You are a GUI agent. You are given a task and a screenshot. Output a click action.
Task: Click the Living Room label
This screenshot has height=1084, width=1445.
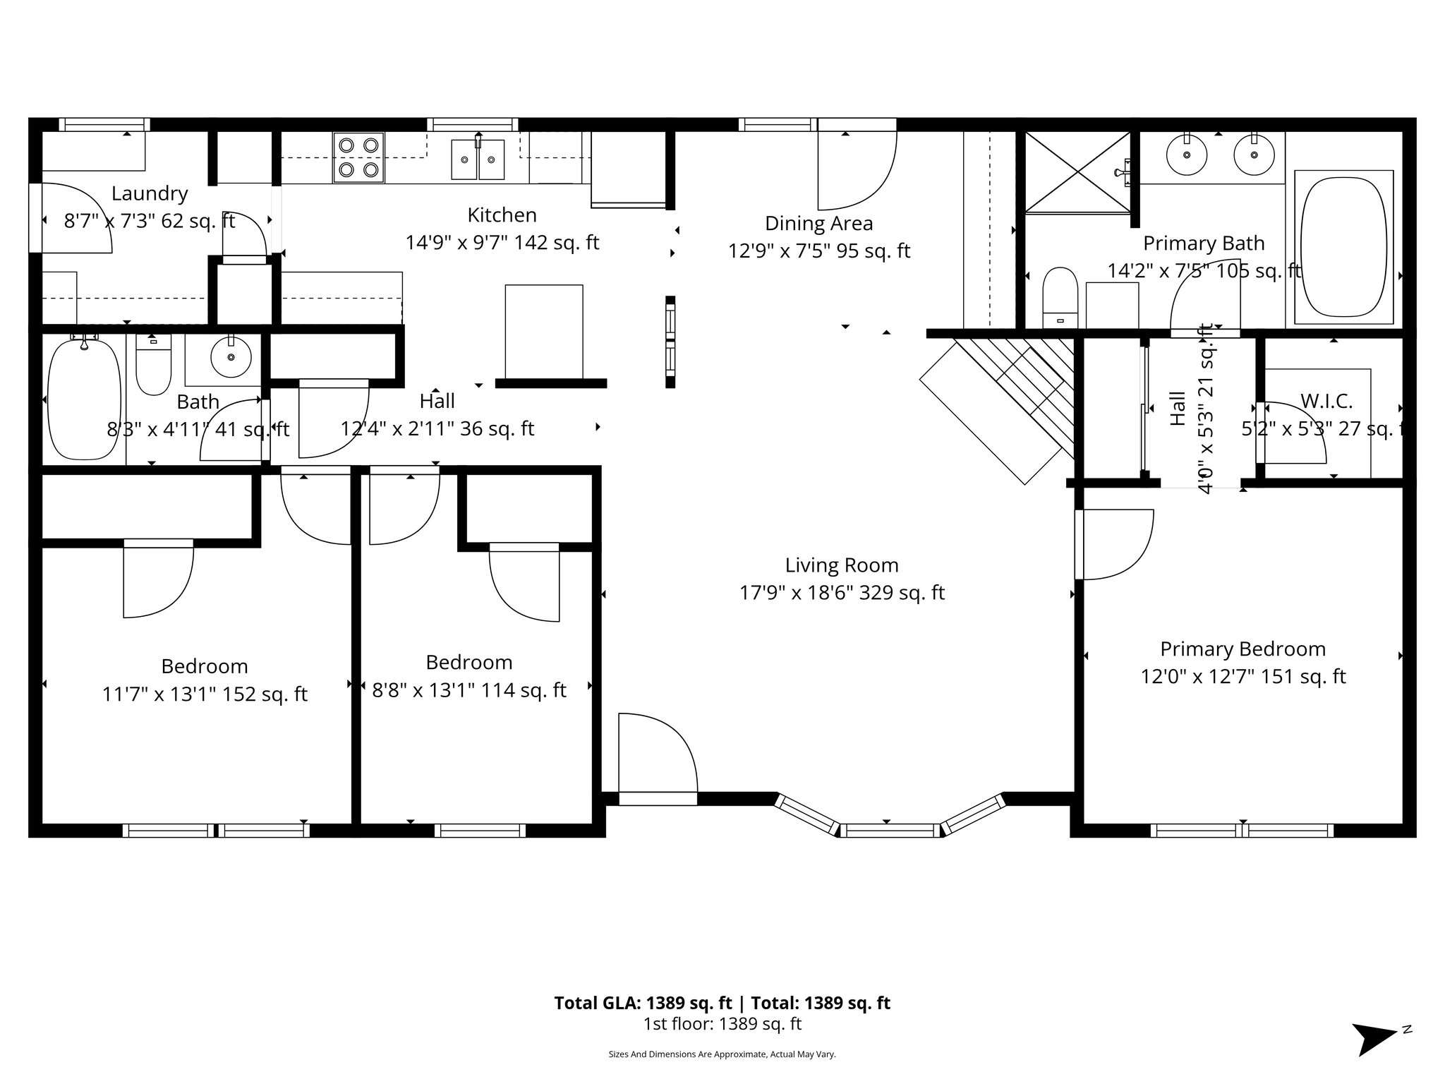(842, 565)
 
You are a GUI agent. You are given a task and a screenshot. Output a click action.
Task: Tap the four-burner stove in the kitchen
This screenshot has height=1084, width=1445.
(358, 157)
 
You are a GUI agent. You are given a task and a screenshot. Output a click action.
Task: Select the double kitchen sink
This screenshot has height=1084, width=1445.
(478, 159)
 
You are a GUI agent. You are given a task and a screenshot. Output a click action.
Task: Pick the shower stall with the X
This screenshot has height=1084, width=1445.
(1077, 171)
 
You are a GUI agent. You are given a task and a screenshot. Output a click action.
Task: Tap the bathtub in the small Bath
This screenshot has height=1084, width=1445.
(84, 400)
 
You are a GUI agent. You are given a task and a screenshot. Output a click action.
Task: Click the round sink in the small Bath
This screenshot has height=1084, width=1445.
(230, 357)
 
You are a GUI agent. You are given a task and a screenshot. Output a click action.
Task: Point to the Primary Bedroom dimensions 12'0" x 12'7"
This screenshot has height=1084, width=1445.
(1243, 677)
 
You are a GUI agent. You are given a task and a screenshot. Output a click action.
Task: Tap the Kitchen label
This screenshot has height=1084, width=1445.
(502, 215)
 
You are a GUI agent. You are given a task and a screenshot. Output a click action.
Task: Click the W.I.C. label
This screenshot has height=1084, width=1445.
(1326, 402)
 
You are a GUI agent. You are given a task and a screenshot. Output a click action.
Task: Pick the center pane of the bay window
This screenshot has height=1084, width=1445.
(889, 831)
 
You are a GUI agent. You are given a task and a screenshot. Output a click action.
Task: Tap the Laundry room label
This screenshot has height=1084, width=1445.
(150, 193)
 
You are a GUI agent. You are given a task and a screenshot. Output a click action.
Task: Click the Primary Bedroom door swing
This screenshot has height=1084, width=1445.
(1113, 543)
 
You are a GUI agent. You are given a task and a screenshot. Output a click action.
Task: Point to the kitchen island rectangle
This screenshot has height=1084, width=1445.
(544, 331)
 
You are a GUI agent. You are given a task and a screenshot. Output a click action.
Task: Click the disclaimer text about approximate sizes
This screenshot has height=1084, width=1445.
(722, 1054)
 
